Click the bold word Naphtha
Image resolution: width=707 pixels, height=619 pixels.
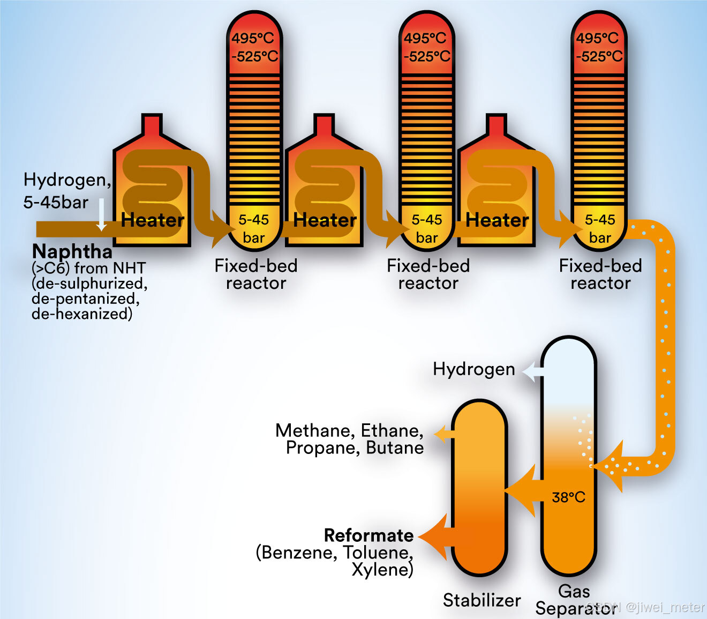click(72, 251)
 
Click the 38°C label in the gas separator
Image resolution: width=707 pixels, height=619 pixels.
click(568, 497)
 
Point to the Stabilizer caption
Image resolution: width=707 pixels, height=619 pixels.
click(482, 600)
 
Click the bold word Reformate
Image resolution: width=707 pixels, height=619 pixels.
click(368, 535)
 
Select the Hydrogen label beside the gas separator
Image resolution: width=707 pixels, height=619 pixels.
click(473, 369)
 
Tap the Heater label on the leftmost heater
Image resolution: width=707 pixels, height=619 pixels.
click(153, 220)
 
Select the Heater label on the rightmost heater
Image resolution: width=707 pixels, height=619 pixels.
click(497, 220)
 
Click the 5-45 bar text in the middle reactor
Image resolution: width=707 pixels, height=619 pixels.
click(427, 228)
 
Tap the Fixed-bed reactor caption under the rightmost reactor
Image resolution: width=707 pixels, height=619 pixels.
click(600, 274)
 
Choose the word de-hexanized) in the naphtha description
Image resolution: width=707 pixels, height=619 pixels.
click(82, 314)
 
